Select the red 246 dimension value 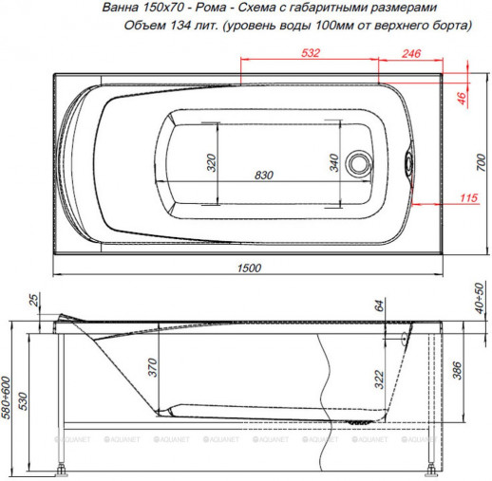tap(410, 53)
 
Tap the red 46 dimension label tap(463, 96)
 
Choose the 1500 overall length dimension tap(248, 268)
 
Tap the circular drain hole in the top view tap(360, 162)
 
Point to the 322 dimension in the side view tap(379, 379)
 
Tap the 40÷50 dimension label tap(481, 301)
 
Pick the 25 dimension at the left tap(35, 302)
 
